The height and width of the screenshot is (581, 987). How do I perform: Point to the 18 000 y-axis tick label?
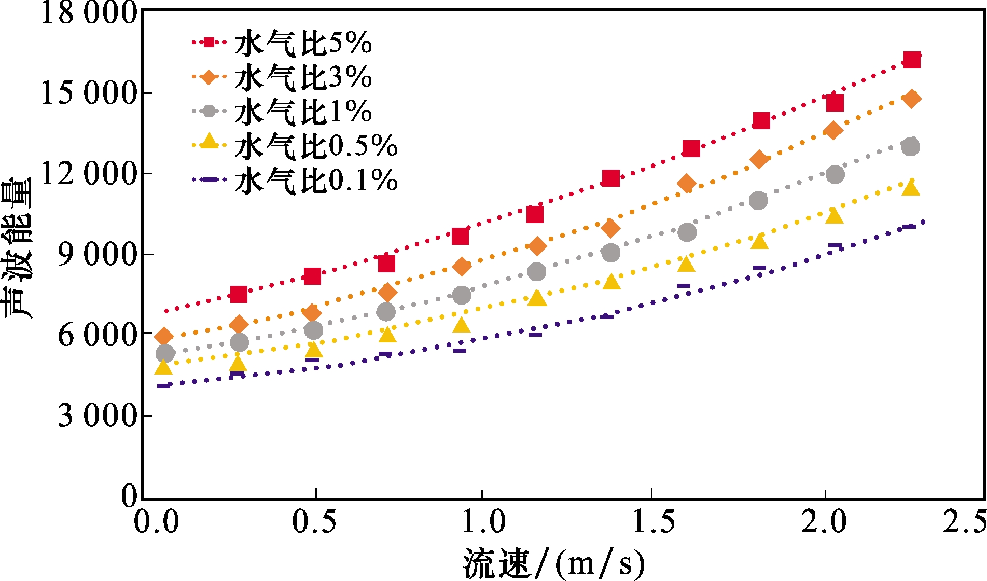tap(89, 12)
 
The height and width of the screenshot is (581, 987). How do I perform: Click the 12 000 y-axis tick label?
tap(89, 174)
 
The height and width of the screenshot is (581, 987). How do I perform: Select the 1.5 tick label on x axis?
tap(653, 522)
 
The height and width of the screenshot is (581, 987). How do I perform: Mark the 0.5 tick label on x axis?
tap(314, 522)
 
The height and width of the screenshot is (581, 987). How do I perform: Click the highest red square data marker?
tap(912, 60)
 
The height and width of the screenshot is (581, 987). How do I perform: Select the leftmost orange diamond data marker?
tap(164, 337)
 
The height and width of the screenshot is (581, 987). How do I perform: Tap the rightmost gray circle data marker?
tap(910, 147)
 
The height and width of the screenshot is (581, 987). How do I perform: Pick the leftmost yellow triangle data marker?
tap(164, 367)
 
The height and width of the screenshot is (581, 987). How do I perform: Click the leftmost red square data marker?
tap(239, 294)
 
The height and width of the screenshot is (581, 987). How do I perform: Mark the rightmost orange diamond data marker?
tap(911, 99)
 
